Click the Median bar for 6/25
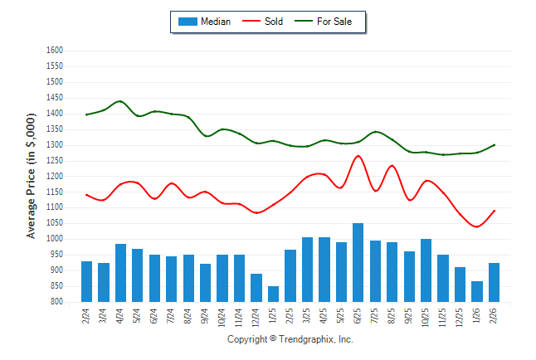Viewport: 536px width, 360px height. point(358,262)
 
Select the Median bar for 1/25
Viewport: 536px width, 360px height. point(273,294)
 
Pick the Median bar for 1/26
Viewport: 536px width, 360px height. point(476,291)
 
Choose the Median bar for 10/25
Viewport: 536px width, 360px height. point(426,270)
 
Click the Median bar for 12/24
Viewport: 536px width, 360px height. point(256,288)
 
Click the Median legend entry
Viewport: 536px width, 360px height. point(205,22)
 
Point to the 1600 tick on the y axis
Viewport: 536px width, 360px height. point(55,51)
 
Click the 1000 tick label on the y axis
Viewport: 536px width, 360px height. point(55,239)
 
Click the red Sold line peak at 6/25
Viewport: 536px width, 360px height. point(358,156)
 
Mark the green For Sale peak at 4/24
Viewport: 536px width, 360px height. point(120,101)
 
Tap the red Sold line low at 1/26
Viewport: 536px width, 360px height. point(477,226)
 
